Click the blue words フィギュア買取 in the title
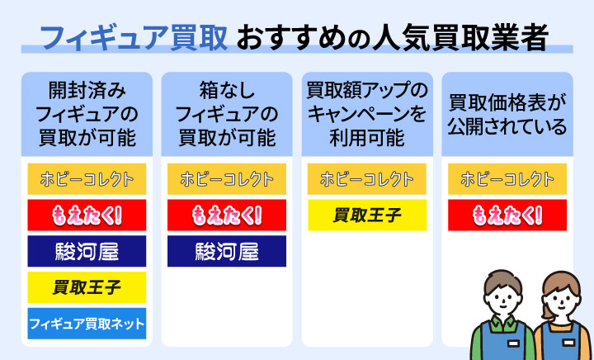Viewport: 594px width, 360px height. point(134,39)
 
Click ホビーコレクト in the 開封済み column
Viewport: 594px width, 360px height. point(87,179)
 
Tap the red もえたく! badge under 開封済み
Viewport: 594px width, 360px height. point(87,215)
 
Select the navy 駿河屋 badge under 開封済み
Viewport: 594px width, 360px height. point(87,251)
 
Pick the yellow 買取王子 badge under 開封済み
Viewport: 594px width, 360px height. point(87,287)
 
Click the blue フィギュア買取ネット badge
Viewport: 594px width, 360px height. point(87,323)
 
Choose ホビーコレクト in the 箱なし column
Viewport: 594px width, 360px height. point(227,179)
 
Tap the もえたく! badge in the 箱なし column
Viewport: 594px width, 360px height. point(227,215)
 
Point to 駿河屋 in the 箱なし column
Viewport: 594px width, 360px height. point(227,251)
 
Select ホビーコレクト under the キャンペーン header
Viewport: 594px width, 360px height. point(367,179)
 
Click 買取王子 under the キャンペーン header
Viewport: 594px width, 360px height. point(367,215)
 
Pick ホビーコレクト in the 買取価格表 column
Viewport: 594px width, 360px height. point(507,179)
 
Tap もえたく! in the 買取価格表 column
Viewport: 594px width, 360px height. point(507,215)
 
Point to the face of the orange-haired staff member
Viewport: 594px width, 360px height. point(561,302)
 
